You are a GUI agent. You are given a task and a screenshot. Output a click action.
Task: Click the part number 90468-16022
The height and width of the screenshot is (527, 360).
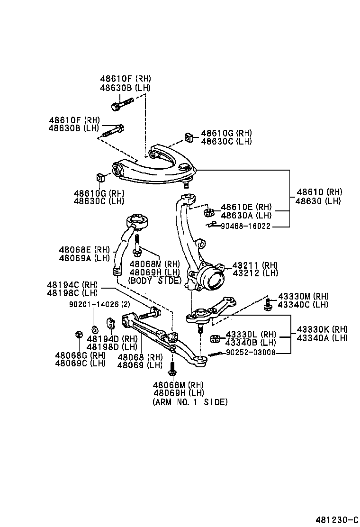pyautogui.click(x=245, y=227)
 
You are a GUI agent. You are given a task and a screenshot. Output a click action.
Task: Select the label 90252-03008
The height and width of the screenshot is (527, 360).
pyautogui.click(x=251, y=353)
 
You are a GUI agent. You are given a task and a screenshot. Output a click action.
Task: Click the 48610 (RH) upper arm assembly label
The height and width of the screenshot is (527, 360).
pyautogui.click(x=319, y=192)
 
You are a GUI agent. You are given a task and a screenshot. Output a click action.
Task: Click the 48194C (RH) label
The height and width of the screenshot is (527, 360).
pyautogui.click(x=72, y=285)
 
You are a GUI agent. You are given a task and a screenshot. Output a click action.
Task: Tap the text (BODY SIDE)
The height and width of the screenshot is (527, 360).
pyautogui.click(x=155, y=281)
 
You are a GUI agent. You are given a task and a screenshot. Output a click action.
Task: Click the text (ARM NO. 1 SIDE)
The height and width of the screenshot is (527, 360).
pyautogui.click(x=190, y=402)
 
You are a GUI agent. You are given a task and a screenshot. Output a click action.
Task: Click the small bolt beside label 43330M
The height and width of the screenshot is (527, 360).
pyautogui.click(x=268, y=304)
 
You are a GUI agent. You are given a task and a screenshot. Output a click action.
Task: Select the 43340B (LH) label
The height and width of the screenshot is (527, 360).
pyautogui.click(x=251, y=343)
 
